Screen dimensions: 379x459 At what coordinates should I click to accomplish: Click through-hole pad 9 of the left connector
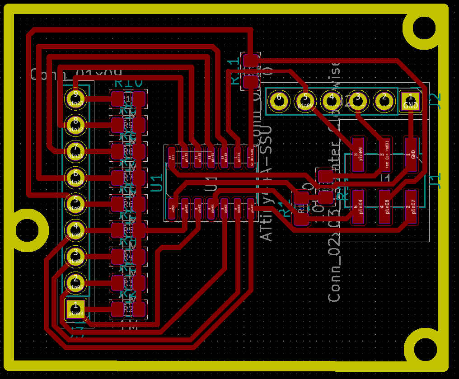(75, 97)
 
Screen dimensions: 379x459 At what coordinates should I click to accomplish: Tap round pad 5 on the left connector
(75, 203)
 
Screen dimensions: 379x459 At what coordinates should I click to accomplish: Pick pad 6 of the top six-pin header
(279, 100)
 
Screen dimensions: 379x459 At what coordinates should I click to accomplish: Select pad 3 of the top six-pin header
(358, 100)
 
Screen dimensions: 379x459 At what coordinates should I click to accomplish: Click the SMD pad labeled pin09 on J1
(358, 154)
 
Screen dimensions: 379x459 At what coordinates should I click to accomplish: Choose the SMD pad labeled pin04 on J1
(358, 207)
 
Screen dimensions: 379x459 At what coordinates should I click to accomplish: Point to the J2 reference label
(435, 98)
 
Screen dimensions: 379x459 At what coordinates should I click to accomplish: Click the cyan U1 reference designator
(156, 182)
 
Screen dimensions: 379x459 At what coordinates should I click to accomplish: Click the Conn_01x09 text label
(76, 75)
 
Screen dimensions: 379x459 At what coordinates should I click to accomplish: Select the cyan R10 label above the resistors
(129, 83)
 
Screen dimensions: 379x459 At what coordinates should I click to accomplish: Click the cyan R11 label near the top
(235, 71)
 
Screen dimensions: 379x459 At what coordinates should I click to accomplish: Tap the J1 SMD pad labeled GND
(411, 154)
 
